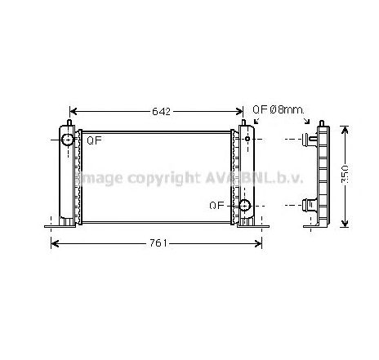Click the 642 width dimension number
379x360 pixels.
(x=161, y=112)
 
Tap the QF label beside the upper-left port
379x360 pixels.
(x=95, y=140)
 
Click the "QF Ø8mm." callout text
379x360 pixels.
(x=278, y=109)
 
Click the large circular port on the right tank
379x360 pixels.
(x=243, y=206)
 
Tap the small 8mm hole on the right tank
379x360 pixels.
(x=246, y=140)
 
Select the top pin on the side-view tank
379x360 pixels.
(x=320, y=122)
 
